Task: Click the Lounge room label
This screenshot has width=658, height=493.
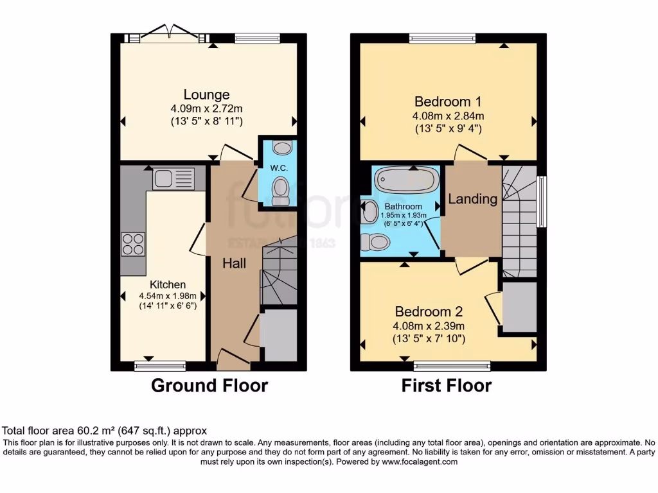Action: [206, 95]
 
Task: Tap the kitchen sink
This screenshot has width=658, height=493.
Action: [173, 178]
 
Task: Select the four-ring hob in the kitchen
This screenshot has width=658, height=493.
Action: [132, 244]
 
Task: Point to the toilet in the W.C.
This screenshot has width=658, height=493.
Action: [280, 190]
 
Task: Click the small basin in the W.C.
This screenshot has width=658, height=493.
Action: [281, 148]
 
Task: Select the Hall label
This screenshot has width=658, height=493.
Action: [235, 263]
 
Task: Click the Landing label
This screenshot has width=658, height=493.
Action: [472, 199]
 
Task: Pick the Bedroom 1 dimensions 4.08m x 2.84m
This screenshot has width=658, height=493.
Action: [448, 116]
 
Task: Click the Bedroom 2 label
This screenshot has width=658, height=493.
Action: [429, 312]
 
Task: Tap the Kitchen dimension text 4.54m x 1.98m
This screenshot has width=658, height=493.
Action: [168, 296]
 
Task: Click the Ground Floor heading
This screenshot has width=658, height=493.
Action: [209, 385]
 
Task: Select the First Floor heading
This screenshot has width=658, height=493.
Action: [447, 385]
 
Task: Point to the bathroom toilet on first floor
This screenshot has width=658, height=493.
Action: [375, 242]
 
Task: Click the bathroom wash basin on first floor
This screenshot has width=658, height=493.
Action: [369, 212]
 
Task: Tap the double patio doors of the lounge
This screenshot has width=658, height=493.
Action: [170, 36]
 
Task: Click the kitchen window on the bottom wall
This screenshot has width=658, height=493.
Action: [160, 366]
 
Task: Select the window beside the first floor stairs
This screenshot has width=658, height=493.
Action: [542, 202]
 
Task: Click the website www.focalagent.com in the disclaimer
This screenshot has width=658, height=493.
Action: [420, 462]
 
